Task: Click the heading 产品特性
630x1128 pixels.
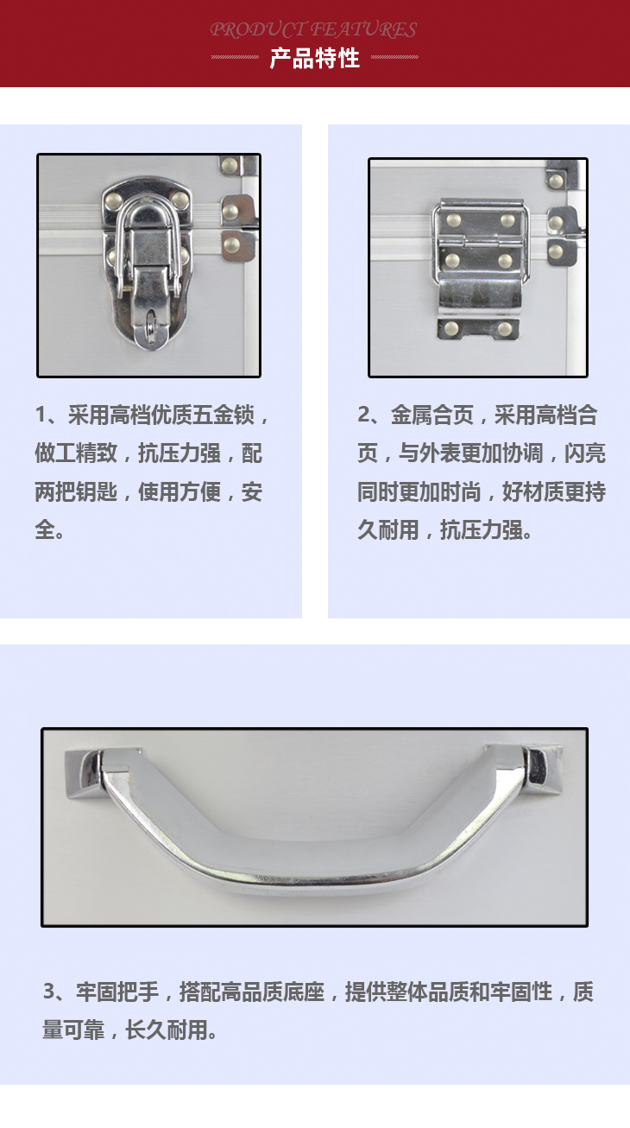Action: point(314,58)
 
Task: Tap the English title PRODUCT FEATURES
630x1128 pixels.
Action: point(313,29)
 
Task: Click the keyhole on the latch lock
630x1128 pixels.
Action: point(150,323)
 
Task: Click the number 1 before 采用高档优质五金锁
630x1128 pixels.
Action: point(41,415)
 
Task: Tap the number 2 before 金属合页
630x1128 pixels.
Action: point(364,415)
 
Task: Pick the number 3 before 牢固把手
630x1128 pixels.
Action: point(49,991)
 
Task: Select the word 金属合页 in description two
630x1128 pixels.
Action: point(432,415)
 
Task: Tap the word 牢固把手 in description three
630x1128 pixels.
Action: point(117,991)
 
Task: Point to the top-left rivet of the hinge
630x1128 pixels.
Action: point(453,220)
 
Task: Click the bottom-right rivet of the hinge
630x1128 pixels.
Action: point(505,329)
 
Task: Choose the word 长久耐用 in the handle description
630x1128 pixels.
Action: point(166,1030)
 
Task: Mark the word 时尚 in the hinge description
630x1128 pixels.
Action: point(461,491)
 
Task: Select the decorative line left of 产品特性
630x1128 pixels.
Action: point(235,57)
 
